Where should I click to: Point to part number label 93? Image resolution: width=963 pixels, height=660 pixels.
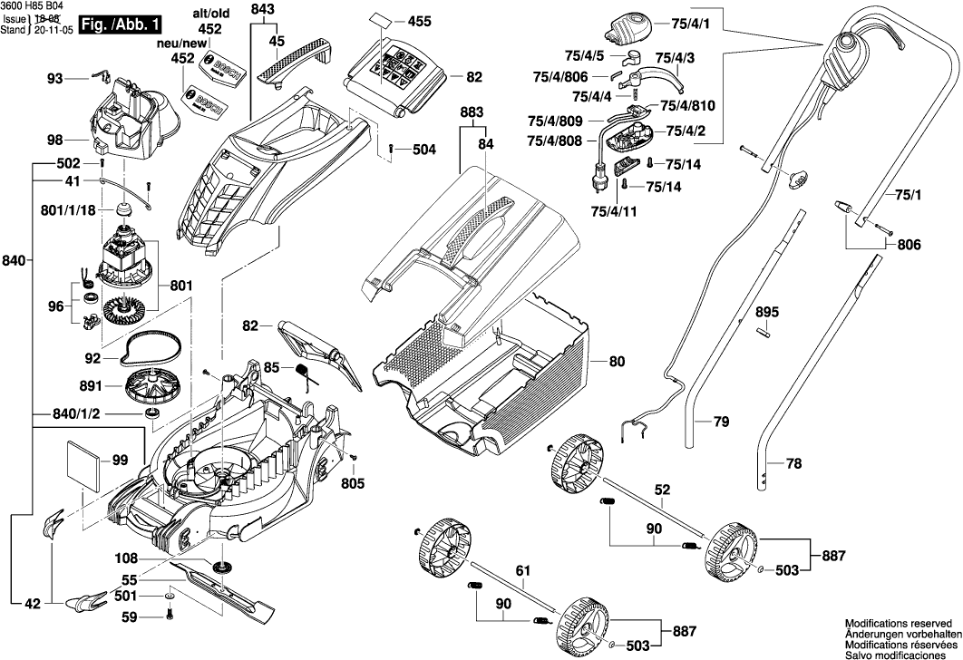tap(55, 80)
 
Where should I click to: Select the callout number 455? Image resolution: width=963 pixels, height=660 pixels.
tap(420, 21)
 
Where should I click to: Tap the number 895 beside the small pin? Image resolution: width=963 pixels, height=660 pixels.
tap(767, 313)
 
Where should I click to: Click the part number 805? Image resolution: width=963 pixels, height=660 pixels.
tap(354, 483)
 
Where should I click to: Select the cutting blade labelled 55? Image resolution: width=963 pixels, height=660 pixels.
tap(227, 591)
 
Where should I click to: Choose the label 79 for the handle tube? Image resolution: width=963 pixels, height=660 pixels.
tap(721, 422)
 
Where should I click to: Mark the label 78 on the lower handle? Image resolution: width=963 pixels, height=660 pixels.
tap(793, 463)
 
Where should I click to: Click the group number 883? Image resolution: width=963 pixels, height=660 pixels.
tap(472, 112)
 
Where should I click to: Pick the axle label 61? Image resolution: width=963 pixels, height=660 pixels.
tap(521, 570)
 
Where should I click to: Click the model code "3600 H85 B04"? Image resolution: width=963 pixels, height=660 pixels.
tap(32, 5)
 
